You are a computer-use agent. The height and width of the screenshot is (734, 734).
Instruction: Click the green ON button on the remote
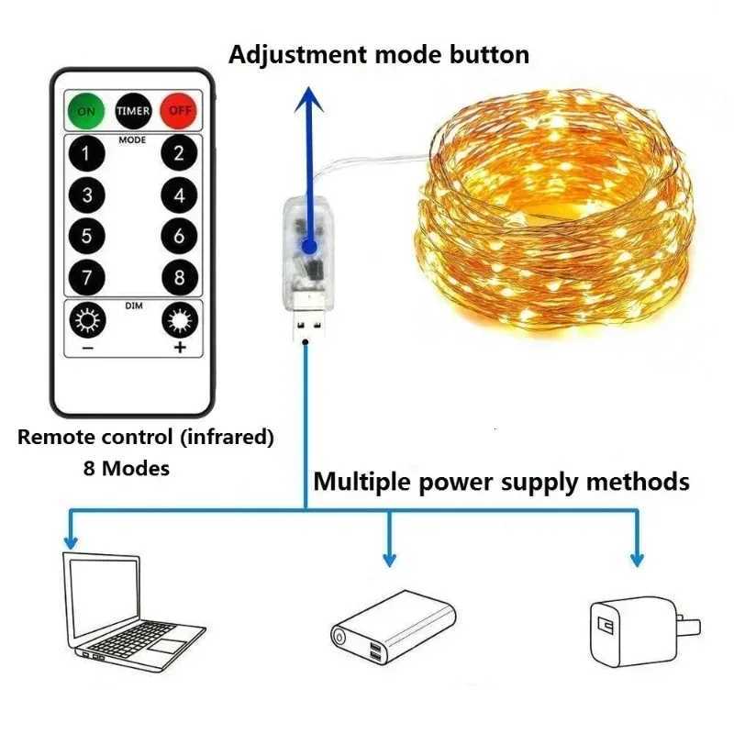(85, 111)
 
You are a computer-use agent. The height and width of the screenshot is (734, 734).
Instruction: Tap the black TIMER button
(133, 111)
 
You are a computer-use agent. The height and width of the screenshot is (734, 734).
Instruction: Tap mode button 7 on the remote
(86, 277)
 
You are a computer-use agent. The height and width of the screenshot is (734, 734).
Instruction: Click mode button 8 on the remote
(179, 277)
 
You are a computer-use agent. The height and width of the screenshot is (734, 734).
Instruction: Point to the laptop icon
(134, 606)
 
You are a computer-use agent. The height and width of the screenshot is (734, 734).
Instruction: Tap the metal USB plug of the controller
(304, 327)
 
